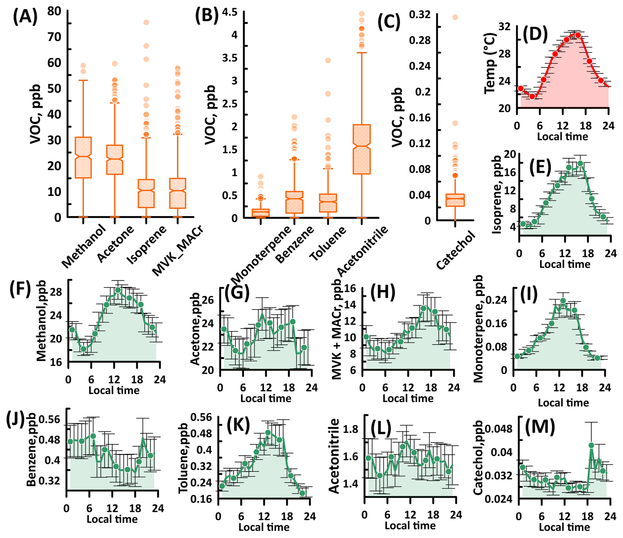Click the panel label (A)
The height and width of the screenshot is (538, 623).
(25, 17)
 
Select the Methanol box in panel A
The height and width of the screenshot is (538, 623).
(83, 158)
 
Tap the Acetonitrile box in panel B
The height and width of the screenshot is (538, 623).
(362, 149)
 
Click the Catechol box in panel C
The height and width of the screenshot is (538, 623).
(455, 200)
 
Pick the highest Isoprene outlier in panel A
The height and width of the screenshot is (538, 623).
(146, 22)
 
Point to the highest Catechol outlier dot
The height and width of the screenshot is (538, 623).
(455, 17)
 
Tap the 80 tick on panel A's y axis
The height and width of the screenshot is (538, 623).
(54, 11)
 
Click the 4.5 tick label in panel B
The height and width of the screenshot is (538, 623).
(230, 12)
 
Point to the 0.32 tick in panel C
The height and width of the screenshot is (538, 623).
(420, 14)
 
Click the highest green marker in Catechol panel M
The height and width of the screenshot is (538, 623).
(591, 445)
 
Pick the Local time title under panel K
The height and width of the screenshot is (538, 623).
(264, 527)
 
